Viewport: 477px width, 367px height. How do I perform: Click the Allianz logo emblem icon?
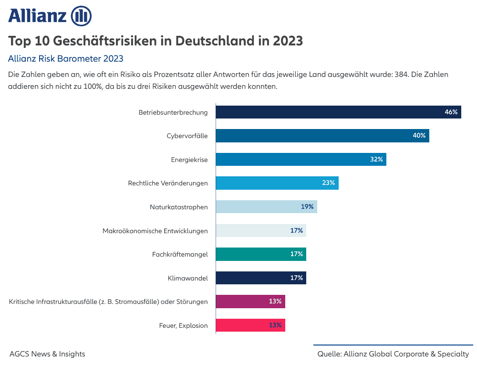81,16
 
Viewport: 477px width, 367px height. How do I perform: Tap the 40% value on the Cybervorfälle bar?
419,136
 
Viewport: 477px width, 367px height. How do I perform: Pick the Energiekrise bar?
301,160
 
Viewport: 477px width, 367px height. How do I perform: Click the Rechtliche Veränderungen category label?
168,183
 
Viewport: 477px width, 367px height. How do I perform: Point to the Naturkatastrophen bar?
266,207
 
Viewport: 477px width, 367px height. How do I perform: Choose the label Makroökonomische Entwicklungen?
155,231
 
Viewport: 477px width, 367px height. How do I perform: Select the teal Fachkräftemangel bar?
260,254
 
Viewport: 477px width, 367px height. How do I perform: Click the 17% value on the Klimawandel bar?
297,278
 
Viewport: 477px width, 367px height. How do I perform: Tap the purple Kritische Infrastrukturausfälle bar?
250,302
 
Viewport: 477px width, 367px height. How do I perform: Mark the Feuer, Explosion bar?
250,325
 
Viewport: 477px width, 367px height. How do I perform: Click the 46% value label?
451,112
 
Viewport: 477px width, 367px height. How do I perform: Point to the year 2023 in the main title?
288,41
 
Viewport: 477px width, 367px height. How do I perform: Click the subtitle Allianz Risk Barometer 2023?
66,59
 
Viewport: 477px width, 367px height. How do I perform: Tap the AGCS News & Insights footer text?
47,354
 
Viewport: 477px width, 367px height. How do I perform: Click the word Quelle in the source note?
329,354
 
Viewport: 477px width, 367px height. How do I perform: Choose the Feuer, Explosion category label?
184,325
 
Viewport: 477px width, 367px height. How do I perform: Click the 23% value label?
328,183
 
